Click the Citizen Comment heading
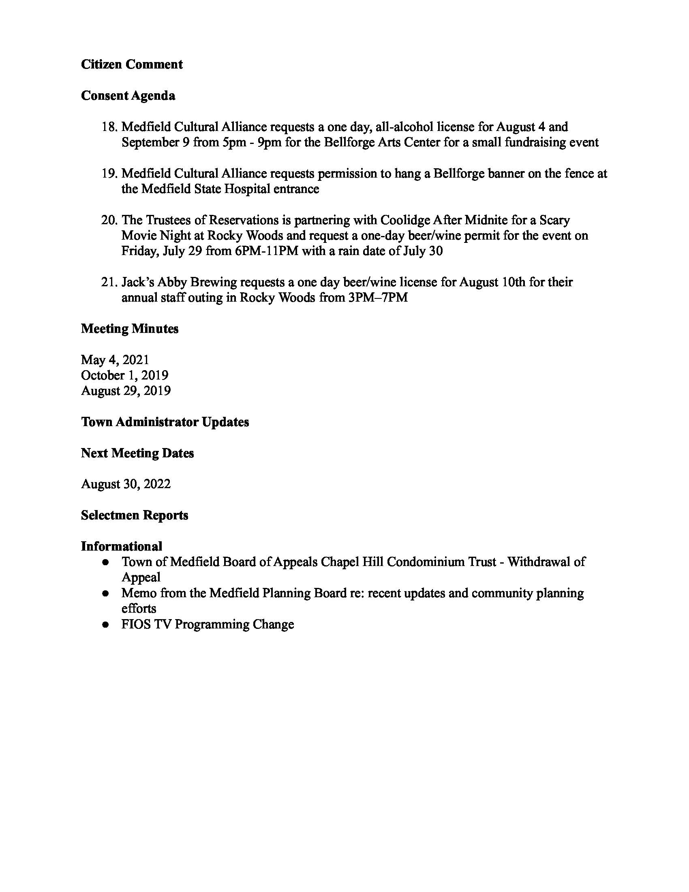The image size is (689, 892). (x=131, y=64)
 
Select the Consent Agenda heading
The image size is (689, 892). (x=128, y=96)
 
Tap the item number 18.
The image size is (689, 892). (x=109, y=127)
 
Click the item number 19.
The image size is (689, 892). (x=109, y=174)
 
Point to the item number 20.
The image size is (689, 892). (x=109, y=220)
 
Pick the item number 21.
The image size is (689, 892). (x=109, y=282)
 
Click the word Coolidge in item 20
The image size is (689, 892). (x=405, y=220)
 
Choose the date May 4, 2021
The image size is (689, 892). (x=115, y=360)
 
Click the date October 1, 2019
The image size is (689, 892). (x=124, y=375)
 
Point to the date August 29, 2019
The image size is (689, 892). (x=126, y=391)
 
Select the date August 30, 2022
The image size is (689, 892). (x=126, y=484)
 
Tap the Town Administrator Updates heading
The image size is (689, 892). (x=165, y=422)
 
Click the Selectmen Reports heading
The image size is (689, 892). (x=134, y=515)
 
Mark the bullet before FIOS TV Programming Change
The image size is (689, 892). (x=106, y=624)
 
